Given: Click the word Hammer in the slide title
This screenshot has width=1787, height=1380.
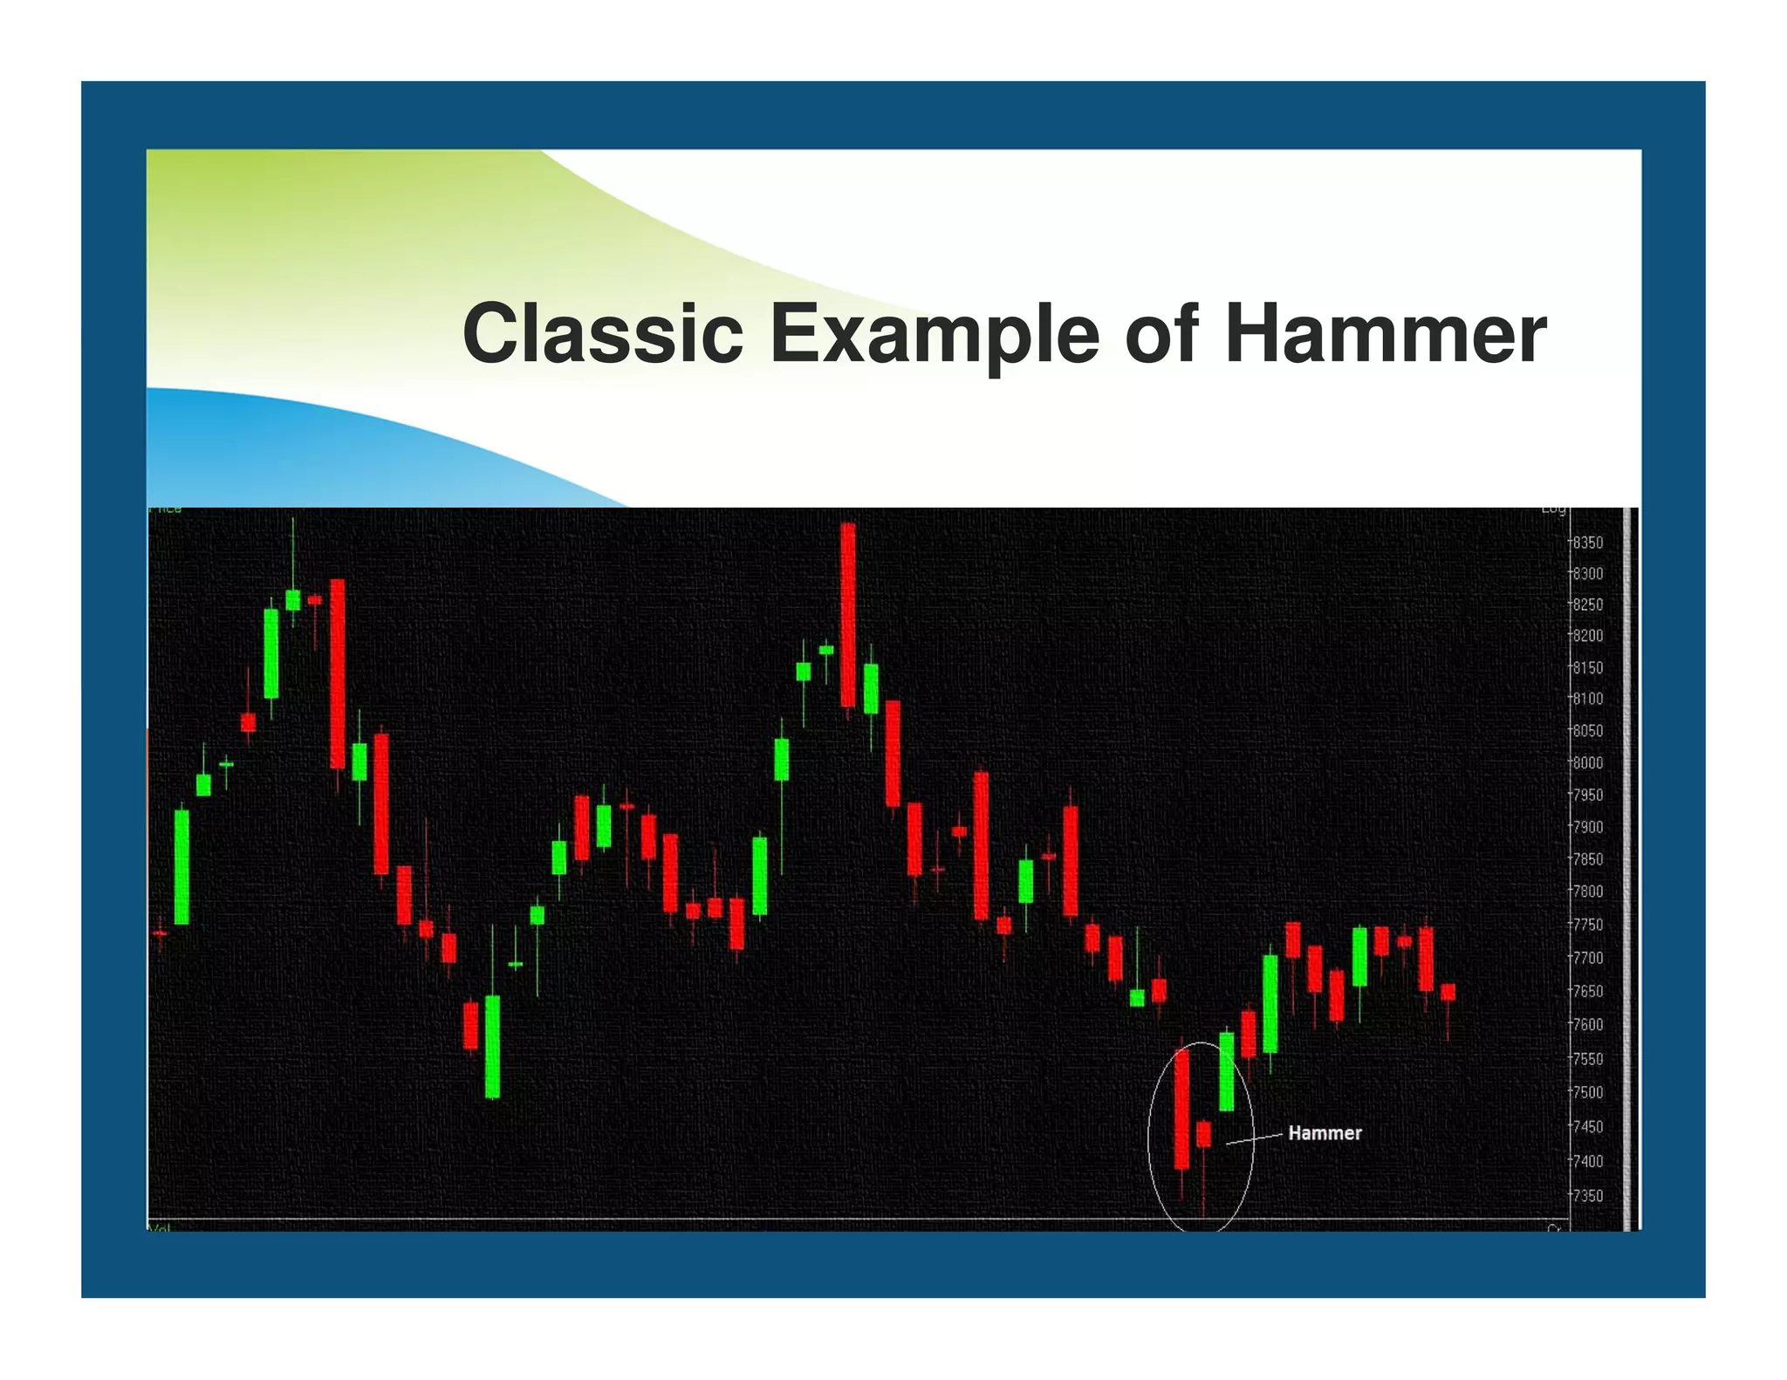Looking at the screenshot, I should (1385, 334).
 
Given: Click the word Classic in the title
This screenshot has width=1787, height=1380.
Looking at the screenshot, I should (602, 334).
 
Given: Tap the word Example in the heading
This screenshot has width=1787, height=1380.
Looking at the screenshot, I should (934, 336).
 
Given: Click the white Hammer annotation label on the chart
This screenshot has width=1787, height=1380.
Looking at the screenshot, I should (1325, 1133).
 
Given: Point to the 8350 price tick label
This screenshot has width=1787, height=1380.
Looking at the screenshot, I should (1588, 543).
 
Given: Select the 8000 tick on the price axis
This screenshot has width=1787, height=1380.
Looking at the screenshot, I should (1588, 762).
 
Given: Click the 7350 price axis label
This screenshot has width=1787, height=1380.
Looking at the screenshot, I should (1588, 1195).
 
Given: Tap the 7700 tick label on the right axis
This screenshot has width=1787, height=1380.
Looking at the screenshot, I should (1588, 958).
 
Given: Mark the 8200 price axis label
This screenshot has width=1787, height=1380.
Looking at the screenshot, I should (1588, 636).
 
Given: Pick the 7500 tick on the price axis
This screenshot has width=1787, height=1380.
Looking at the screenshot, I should (1588, 1092).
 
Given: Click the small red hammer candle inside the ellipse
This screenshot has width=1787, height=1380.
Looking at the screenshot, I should (1204, 1134).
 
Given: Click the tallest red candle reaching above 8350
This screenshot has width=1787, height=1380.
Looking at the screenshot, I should (847, 615).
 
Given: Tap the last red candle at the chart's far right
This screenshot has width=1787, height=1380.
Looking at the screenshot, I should (1448, 992).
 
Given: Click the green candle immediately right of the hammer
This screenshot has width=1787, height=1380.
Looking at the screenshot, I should (1227, 1071).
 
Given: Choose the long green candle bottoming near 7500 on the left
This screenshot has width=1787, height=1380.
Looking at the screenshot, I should (492, 1046).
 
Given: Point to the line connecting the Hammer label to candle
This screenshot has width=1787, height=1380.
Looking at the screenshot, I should (1255, 1138).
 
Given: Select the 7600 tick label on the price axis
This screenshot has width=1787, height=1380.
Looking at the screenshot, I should (1588, 1024).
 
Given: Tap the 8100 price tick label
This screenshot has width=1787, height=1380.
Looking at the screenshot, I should (1588, 699).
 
